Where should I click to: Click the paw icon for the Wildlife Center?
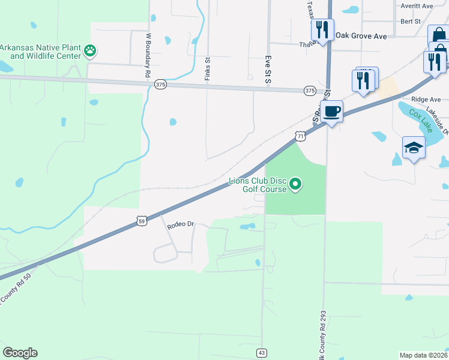(x=90, y=50)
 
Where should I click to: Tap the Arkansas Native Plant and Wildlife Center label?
(x=40, y=52)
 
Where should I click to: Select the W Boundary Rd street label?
(x=148, y=55)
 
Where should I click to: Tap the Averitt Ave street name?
(x=419, y=6)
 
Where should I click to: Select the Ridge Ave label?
(x=426, y=100)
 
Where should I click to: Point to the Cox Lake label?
(x=421, y=120)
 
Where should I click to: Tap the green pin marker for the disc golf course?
(x=295, y=184)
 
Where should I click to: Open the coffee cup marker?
(x=331, y=111)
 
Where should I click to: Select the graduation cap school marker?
(x=413, y=147)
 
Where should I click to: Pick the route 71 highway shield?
(x=301, y=137)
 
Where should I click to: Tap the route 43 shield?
(x=262, y=353)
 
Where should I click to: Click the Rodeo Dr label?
(x=181, y=224)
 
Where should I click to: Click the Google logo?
(x=20, y=353)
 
